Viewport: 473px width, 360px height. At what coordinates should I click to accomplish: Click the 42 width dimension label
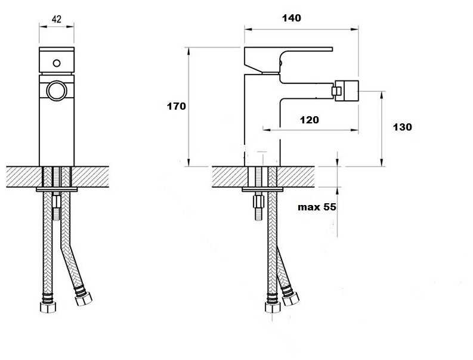(57, 19)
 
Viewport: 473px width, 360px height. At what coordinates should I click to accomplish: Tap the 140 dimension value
(292, 18)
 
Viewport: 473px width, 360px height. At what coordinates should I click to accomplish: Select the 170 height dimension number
(177, 106)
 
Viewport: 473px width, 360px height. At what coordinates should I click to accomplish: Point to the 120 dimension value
(309, 120)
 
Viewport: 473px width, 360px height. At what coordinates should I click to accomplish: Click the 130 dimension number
(402, 127)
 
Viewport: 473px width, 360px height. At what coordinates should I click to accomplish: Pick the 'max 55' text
(317, 207)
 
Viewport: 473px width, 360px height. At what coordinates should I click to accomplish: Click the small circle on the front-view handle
(57, 63)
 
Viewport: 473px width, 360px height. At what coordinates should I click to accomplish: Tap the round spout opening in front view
(57, 91)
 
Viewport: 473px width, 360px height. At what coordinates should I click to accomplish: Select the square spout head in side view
(347, 91)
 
